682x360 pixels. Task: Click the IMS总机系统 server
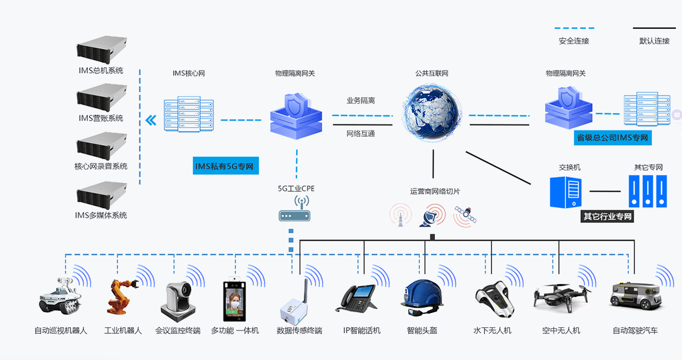(102, 49)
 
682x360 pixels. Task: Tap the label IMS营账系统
(101, 118)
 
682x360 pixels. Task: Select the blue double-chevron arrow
(151, 121)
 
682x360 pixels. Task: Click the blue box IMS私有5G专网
(225, 166)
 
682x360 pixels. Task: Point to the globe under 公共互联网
(432, 113)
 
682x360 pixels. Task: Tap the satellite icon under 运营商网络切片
(465, 216)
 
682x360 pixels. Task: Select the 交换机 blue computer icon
(566, 192)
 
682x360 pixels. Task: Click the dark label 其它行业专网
(607, 217)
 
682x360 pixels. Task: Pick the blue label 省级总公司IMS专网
(613, 138)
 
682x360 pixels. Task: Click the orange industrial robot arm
(122, 297)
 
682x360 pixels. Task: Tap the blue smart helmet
(422, 298)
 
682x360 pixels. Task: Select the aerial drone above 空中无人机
(561, 298)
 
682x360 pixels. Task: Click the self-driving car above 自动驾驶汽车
(636, 296)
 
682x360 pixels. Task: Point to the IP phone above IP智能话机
(355, 299)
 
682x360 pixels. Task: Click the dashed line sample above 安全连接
(574, 28)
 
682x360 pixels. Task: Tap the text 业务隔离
(361, 101)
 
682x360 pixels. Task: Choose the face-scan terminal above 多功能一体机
(234, 299)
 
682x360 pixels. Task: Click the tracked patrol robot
(60, 296)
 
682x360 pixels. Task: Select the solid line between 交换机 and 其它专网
(605, 191)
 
